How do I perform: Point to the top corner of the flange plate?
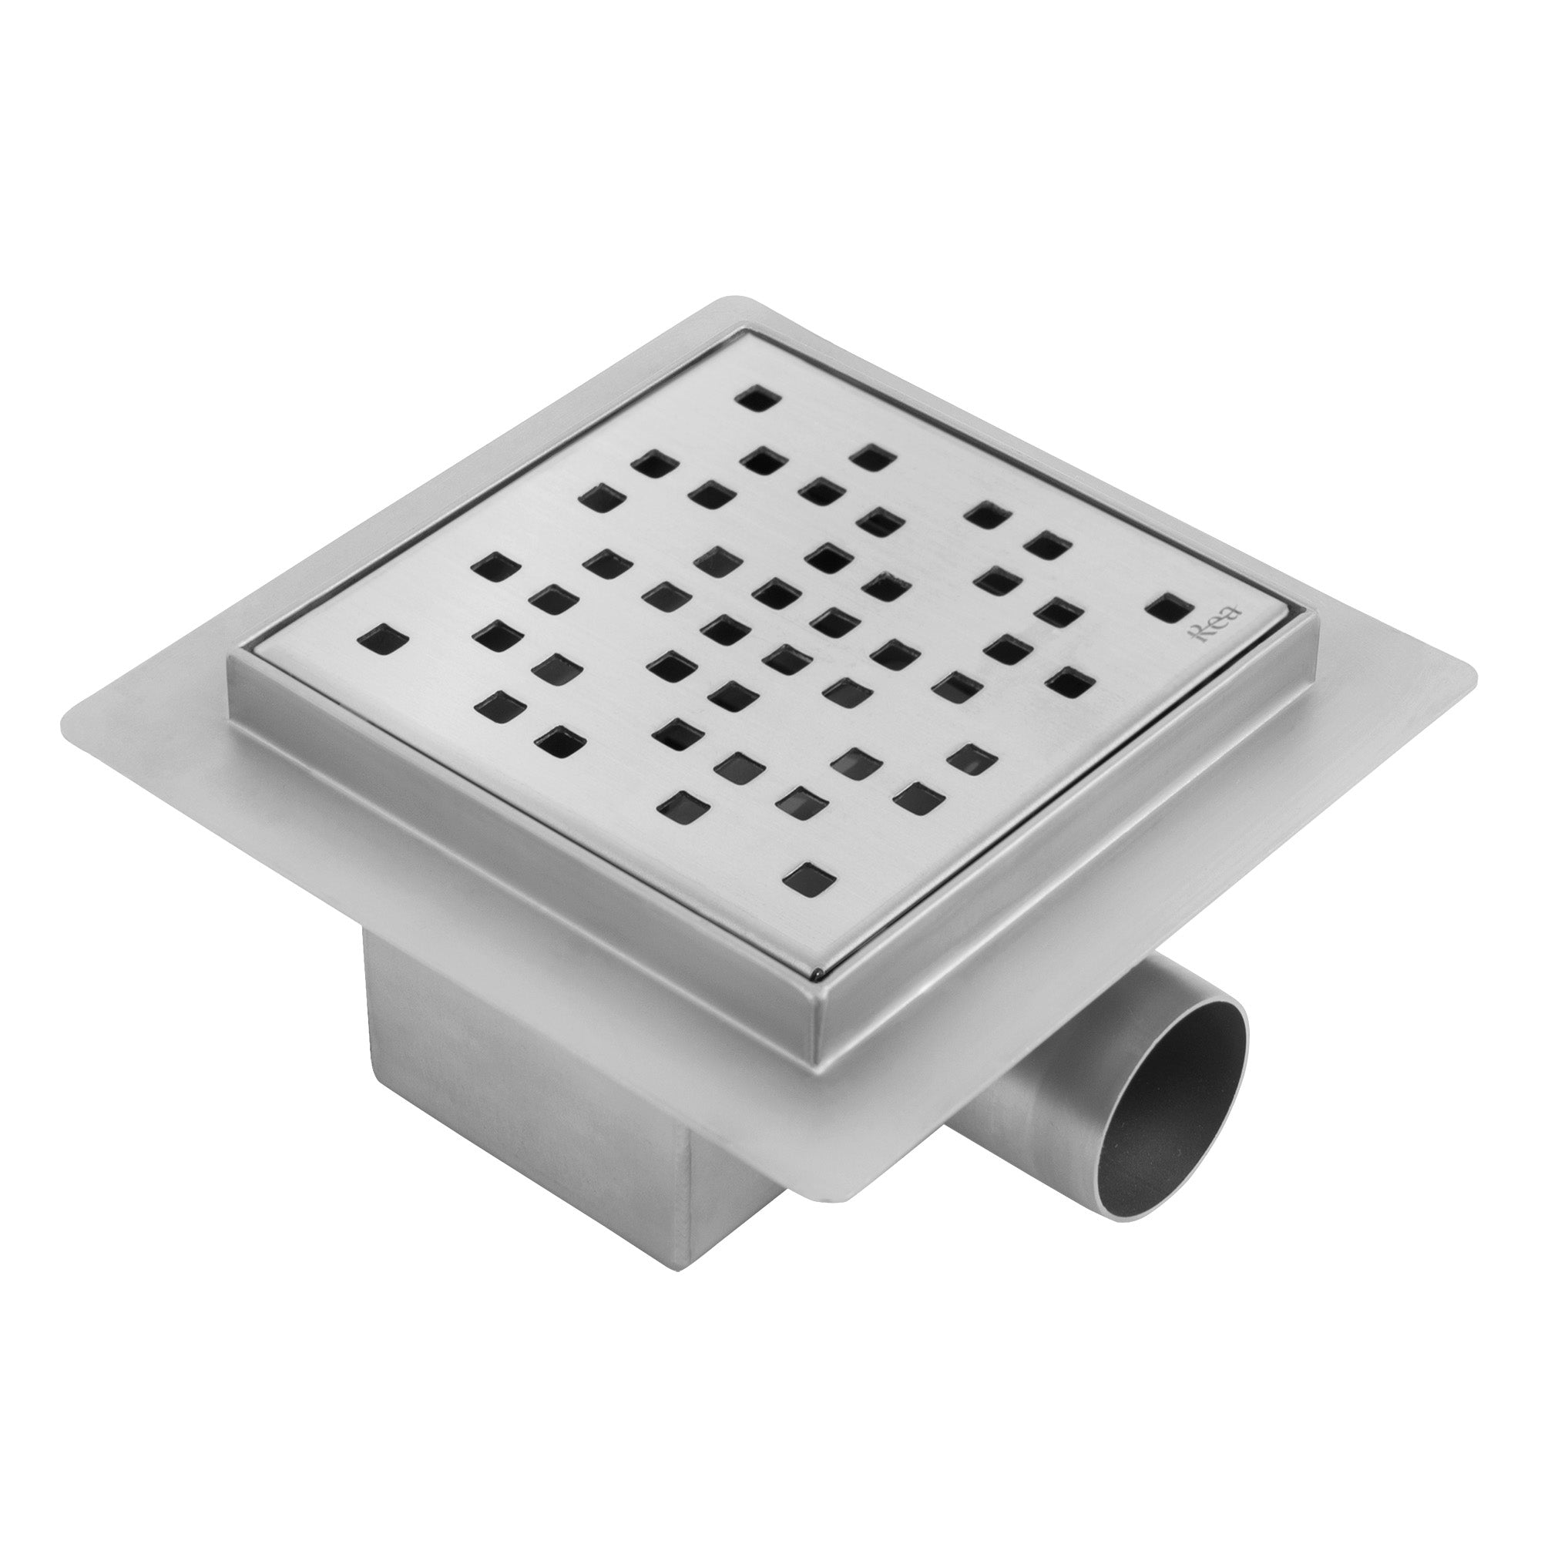727,301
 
